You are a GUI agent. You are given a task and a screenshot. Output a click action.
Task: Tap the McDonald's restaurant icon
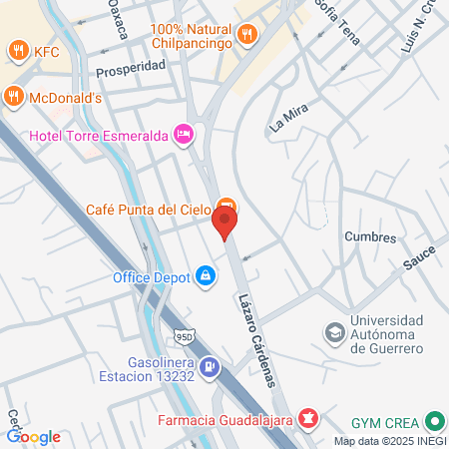pos(12,97)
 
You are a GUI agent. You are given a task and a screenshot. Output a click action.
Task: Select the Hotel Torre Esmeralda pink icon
pos(183,134)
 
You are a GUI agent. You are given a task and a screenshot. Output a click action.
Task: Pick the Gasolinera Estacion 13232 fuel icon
pos(209,368)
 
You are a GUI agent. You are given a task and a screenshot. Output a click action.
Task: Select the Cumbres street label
pos(370,237)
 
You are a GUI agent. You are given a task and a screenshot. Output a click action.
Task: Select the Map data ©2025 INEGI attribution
pos(389,441)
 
